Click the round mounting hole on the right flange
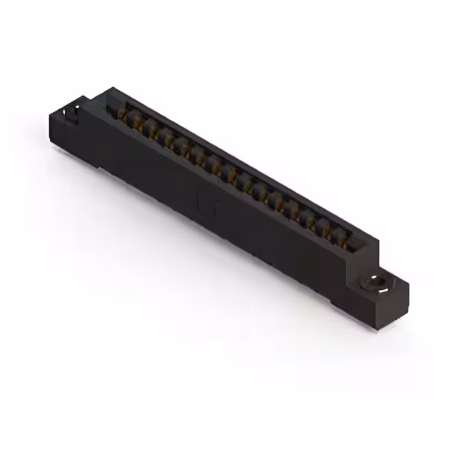(374, 283)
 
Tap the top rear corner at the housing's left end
(111, 89)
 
